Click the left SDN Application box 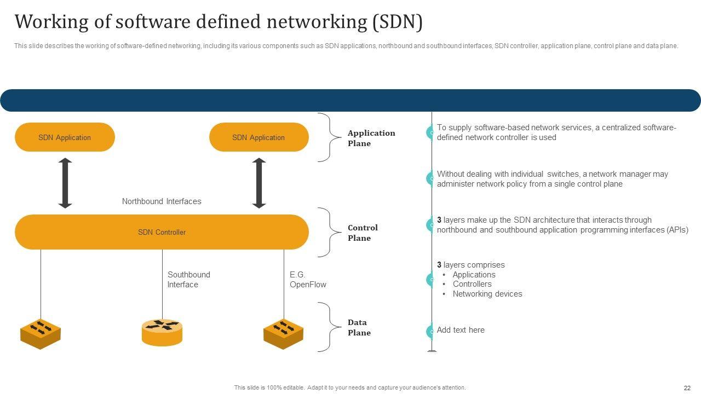[x=65, y=137]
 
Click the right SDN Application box [x=258, y=137]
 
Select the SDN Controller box [x=162, y=232]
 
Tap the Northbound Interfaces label [x=162, y=201]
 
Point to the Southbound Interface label [x=188, y=280]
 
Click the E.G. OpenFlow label [x=308, y=280]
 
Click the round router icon [x=162, y=332]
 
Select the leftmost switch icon [x=41, y=333]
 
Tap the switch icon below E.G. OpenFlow [x=283, y=333]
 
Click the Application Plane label [x=371, y=138]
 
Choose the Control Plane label [x=363, y=233]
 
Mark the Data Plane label [x=359, y=327]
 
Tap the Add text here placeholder [x=461, y=330]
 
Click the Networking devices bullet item [x=487, y=294]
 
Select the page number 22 [x=687, y=387]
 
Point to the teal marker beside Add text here [x=430, y=331]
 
